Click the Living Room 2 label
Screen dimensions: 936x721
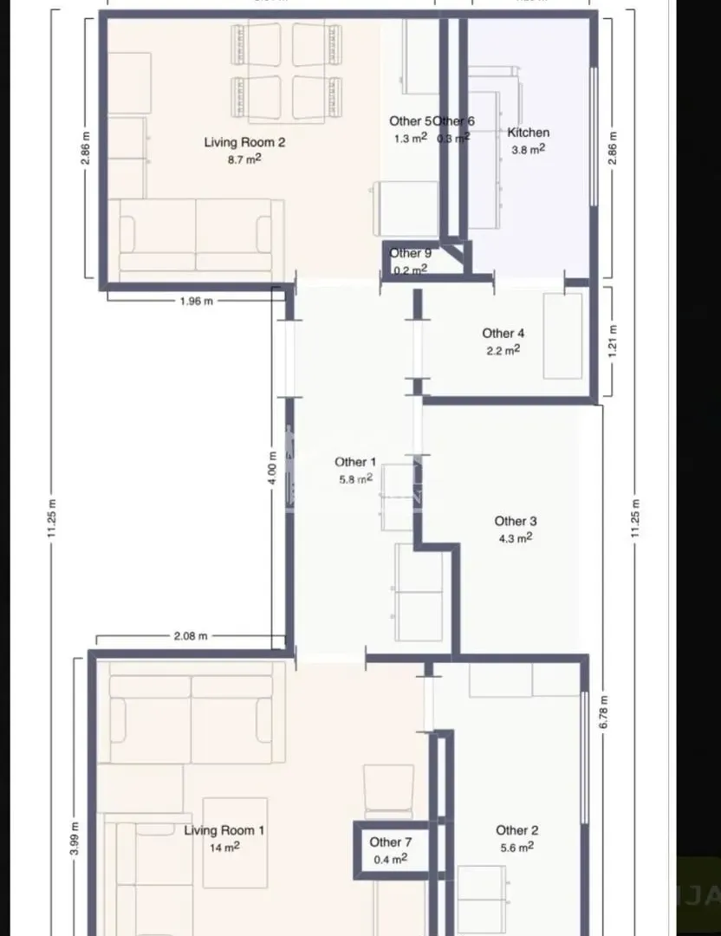[244, 142]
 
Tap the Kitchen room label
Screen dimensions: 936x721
[528, 133]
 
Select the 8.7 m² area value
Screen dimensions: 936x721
[244, 159]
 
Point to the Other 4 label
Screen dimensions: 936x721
[503, 333]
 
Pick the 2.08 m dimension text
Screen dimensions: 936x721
[191, 636]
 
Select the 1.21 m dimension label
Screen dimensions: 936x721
[613, 341]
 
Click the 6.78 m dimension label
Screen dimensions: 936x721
[606, 711]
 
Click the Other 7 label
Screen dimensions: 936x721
[390, 842]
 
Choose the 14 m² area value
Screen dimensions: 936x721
[224, 848]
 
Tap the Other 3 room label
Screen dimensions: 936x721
[516, 521]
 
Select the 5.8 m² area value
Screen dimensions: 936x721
[355, 478]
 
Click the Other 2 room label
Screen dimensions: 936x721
[516, 830]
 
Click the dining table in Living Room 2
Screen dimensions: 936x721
[283, 73]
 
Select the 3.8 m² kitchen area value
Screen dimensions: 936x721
[528, 149]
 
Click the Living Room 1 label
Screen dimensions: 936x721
[224, 830]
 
